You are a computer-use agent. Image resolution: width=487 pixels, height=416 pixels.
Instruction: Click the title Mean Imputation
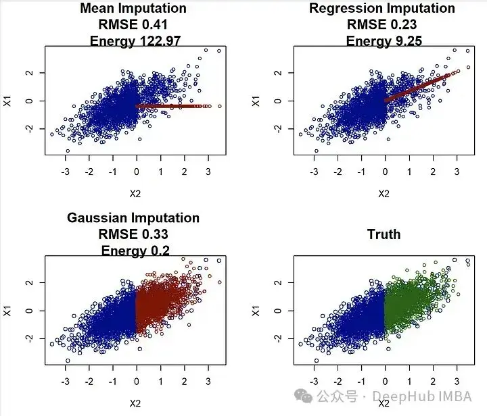click(x=133, y=9)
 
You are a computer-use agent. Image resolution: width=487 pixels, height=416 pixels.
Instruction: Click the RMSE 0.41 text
click(x=133, y=25)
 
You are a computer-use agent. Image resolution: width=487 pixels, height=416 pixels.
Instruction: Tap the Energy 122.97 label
click(x=133, y=41)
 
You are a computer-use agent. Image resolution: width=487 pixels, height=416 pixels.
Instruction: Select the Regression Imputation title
click(x=382, y=9)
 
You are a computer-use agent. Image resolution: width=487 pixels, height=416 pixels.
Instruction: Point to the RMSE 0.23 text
click(x=382, y=25)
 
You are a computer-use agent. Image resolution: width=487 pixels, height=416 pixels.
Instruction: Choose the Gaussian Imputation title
click(x=133, y=218)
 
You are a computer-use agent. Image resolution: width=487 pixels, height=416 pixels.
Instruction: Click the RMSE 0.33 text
click(x=133, y=234)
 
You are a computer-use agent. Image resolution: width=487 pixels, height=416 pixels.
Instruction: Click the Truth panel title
click(x=384, y=234)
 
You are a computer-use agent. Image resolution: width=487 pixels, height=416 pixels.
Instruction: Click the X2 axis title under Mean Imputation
click(x=135, y=193)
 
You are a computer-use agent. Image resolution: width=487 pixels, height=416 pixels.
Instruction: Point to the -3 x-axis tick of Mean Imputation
click(x=66, y=172)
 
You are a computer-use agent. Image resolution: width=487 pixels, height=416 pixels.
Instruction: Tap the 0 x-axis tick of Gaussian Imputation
click(x=137, y=382)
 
